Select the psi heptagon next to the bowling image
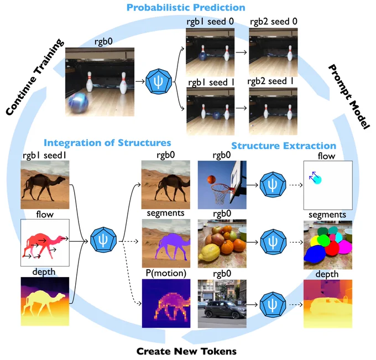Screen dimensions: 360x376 (x=158, y=79)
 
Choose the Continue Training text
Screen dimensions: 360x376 (x=35, y=77)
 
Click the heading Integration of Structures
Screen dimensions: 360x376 (x=107, y=143)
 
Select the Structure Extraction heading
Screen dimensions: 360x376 (x=283, y=146)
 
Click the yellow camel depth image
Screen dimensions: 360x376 (x=44, y=301)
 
